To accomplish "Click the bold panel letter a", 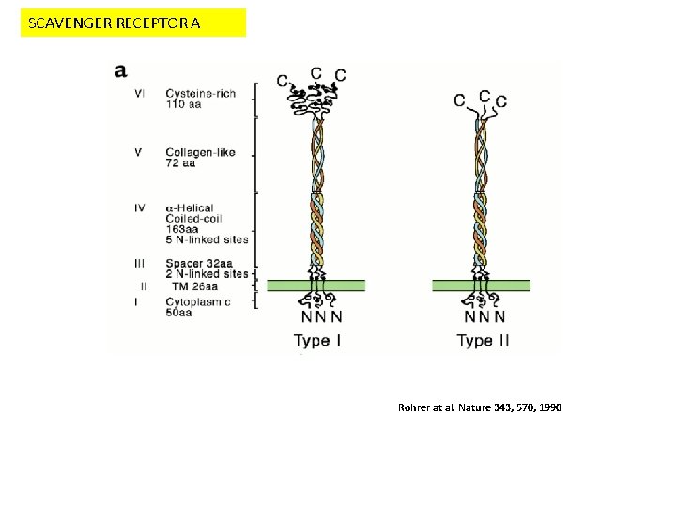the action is [122, 70].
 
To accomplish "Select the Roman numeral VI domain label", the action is [140, 93].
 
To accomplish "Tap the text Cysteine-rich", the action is [201, 93].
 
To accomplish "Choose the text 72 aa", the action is [180, 163].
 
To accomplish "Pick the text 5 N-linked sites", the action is [207, 239].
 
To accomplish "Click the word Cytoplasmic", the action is [198, 302].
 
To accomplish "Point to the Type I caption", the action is [318, 340].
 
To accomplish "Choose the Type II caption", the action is [483, 340].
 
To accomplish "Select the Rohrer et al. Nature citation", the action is [480, 408].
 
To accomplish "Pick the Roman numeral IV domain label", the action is [140, 207].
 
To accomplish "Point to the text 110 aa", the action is [184, 105].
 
